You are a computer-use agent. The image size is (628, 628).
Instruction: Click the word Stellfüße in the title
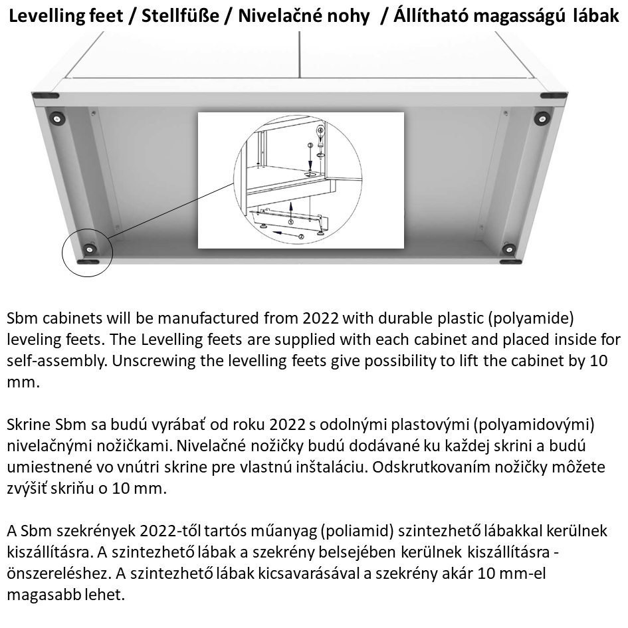point(169,15)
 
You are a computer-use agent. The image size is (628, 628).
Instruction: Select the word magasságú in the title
point(510,15)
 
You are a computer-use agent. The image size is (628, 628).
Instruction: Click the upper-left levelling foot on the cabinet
point(59,120)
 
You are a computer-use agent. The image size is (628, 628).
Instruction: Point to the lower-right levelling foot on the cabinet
point(509,250)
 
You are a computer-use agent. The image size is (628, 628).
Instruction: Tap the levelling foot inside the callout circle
point(89,250)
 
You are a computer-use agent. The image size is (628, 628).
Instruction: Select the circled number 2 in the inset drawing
point(300,237)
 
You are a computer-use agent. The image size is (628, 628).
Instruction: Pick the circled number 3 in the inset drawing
point(310,145)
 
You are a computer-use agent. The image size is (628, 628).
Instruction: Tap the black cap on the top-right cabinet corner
point(553,96)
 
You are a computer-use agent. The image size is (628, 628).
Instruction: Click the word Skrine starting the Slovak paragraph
point(27,425)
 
